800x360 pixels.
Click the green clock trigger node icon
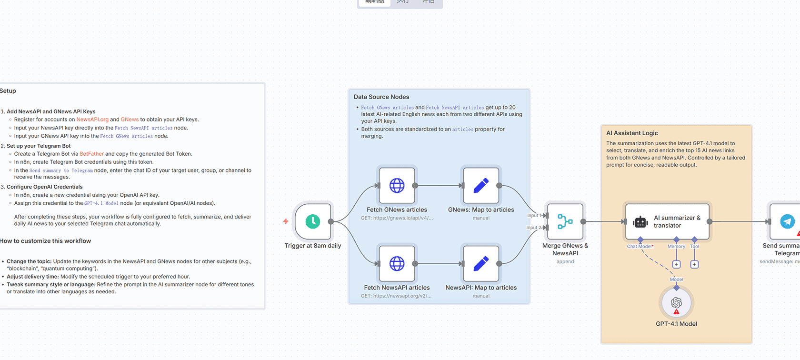coord(313,221)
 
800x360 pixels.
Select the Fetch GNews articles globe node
coord(397,186)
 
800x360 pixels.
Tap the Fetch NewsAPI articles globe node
coord(397,263)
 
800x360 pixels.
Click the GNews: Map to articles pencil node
coord(481,186)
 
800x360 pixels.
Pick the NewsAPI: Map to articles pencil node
coord(481,263)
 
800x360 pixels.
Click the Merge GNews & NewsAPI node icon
coord(565,221)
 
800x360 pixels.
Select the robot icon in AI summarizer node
coord(640,222)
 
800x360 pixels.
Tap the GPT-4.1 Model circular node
coord(676,303)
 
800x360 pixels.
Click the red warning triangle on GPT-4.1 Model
coord(677,312)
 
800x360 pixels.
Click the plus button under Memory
coord(676,264)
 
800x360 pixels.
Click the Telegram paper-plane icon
coord(788,221)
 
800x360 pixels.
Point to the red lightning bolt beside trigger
coord(286,221)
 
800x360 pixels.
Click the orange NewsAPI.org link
coord(92,120)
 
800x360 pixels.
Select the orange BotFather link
coord(91,154)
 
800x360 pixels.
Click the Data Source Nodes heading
coord(381,97)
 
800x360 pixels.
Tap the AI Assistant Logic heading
coord(632,133)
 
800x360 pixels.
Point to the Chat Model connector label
coord(640,247)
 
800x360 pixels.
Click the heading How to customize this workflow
coord(46,241)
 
